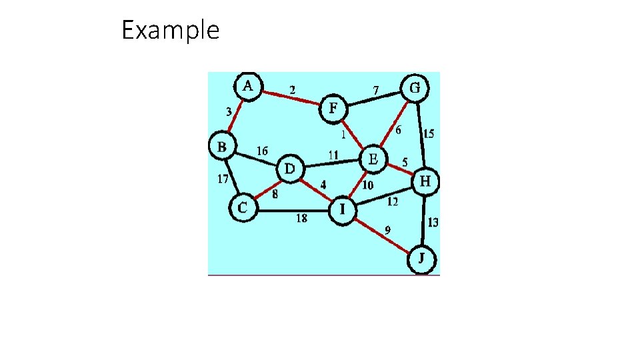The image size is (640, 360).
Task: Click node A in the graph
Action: [x=248, y=86]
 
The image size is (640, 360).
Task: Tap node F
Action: [x=333, y=108]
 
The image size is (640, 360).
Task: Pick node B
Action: [x=222, y=145]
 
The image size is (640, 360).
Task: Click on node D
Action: [x=289, y=169]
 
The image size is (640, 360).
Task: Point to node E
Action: [x=373, y=159]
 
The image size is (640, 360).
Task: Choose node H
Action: [x=425, y=181]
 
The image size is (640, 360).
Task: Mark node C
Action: [x=242, y=208]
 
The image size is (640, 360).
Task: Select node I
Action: [x=341, y=210]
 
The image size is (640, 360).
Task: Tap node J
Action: [x=421, y=258]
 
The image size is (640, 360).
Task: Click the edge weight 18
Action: [x=301, y=219]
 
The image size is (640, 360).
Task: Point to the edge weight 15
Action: [x=429, y=134]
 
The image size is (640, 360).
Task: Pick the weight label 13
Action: [x=433, y=223]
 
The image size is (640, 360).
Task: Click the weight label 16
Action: [x=262, y=151]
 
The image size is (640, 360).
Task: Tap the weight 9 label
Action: [x=387, y=230]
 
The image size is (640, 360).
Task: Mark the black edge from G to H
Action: [x=421, y=134]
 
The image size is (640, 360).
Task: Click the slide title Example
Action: [x=170, y=30]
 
